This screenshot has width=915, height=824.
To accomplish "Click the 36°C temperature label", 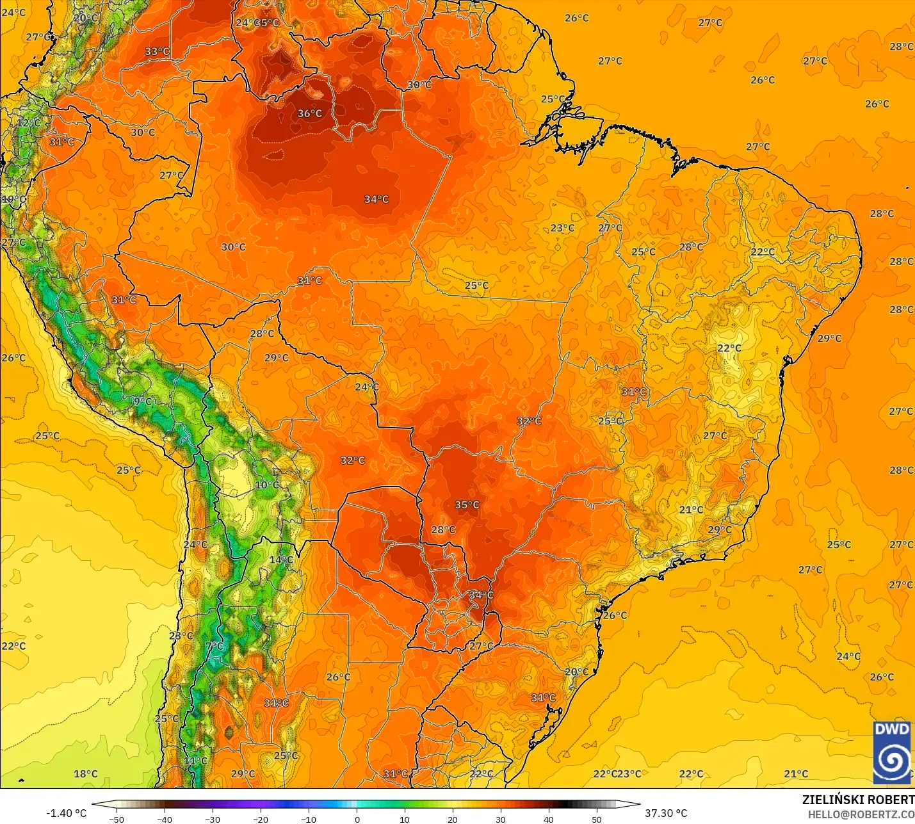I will [x=309, y=113].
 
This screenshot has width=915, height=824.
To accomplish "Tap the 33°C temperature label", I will [x=157, y=52].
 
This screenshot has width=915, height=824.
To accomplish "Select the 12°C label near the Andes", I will [x=29, y=123].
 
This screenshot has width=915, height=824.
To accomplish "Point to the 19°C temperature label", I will [x=14, y=200].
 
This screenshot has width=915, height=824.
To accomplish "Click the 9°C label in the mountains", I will [x=143, y=401].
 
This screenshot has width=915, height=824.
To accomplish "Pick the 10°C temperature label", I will [x=267, y=485].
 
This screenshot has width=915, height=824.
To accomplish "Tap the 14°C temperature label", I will [x=280, y=560].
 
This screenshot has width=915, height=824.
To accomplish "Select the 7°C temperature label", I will [x=215, y=646].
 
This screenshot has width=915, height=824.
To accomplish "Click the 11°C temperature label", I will [x=195, y=761].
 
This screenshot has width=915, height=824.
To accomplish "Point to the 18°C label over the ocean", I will [x=86, y=773].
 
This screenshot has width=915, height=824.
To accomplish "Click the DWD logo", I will [x=892, y=752].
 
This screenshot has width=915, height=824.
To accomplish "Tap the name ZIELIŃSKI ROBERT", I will [x=858, y=800].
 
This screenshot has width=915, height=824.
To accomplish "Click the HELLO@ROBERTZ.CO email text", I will [x=861, y=814].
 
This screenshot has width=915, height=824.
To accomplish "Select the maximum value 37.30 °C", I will [x=666, y=813].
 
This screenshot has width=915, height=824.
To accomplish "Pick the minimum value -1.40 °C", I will [x=66, y=813].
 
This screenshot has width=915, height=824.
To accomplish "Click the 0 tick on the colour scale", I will [x=357, y=819].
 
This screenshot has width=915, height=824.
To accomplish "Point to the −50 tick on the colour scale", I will [x=117, y=819].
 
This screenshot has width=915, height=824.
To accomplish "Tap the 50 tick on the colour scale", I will [x=597, y=819].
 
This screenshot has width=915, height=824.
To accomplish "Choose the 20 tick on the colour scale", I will [x=453, y=819].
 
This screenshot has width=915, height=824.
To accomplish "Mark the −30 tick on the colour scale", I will [x=213, y=819].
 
